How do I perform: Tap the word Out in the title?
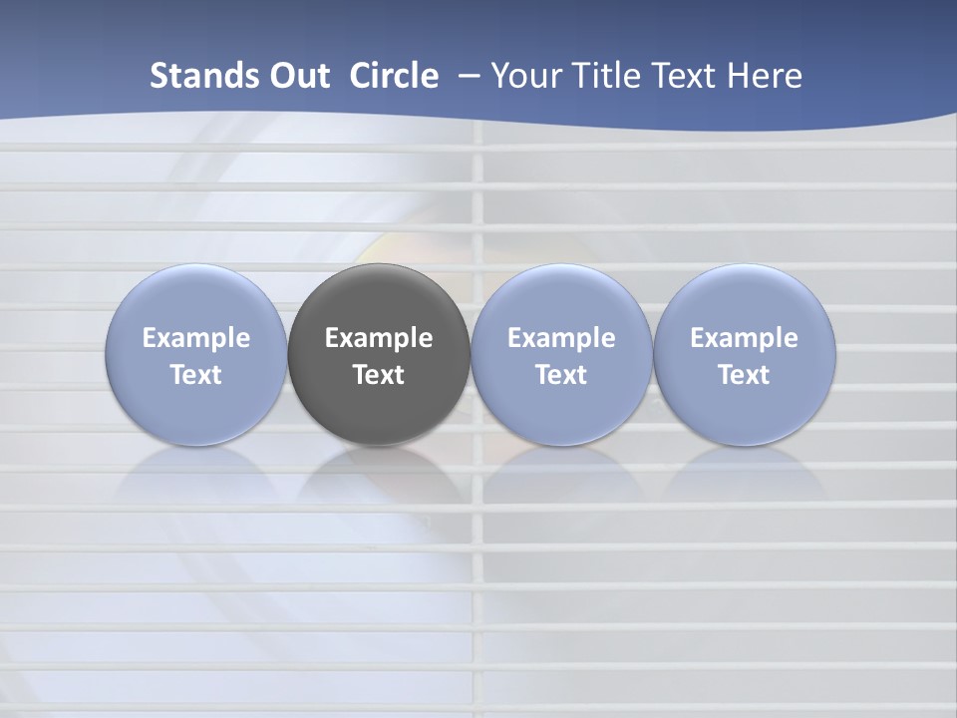[296, 76]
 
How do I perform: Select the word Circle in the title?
[394, 76]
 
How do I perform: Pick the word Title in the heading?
[607, 76]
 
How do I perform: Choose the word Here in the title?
[769, 76]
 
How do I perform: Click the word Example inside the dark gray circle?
[379, 338]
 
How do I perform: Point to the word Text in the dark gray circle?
[379, 375]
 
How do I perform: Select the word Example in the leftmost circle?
[195, 338]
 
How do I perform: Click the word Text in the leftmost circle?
[195, 375]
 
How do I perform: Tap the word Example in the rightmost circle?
[745, 338]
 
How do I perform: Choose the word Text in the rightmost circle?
[745, 375]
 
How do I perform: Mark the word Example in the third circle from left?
[561, 338]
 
